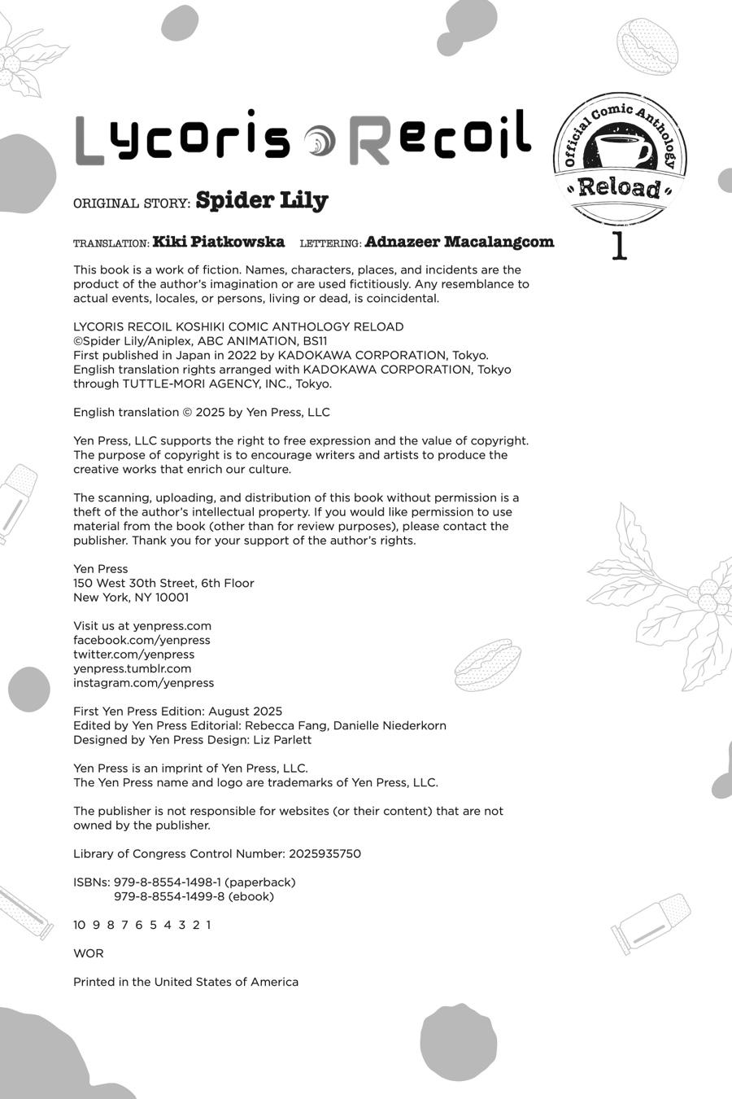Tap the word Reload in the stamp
pos(620,188)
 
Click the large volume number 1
pos(619,246)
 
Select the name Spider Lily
pos(262,200)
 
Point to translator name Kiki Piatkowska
pos(219,242)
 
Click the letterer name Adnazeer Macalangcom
pos(460,242)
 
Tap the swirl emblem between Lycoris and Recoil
pos(319,141)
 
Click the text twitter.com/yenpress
pos(133,655)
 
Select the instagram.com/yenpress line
pos(143,683)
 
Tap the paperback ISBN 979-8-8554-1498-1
pos(168,882)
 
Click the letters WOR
pos(89,953)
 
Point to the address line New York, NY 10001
pos(131,598)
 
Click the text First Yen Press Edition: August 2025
pos(178,712)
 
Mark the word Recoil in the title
pos(439,138)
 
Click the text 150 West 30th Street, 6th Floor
pos(163,583)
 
